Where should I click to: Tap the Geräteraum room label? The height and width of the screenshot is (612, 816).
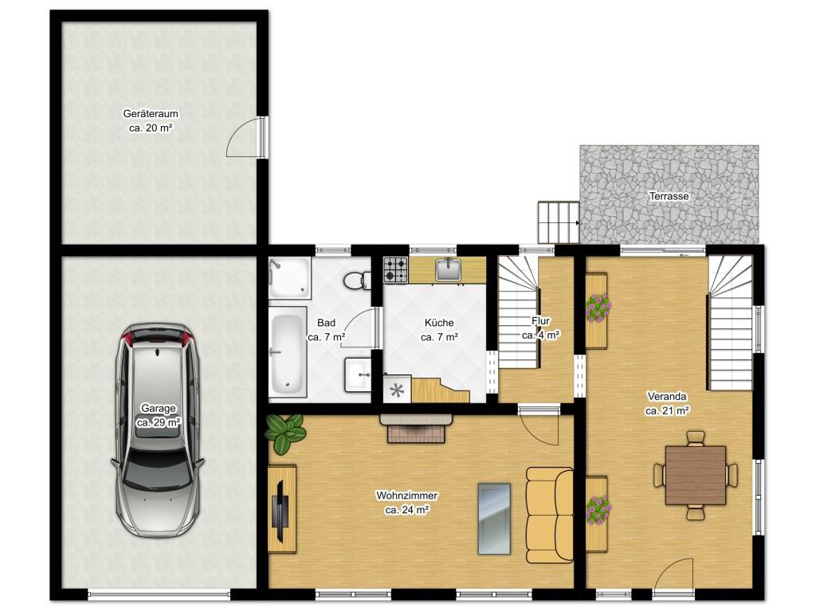[x=151, y=113]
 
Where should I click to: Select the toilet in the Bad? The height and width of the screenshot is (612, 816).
[x=357, y=280]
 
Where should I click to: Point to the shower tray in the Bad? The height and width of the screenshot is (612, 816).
[x=290, y=277]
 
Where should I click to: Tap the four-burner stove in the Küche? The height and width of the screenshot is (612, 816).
[x=395, y=269]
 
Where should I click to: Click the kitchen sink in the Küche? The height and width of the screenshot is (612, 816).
[x=448, y=269]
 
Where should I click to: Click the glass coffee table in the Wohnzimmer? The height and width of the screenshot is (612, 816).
[x=494, y=519]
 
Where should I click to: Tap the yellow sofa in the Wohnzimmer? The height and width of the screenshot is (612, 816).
[x=549, y=515]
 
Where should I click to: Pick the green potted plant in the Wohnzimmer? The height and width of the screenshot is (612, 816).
[x=284, y=433]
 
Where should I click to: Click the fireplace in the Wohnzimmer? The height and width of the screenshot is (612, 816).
[x=416, y=428]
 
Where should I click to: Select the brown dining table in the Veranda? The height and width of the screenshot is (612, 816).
[x=695, y=475]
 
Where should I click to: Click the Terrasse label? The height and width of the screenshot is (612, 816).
[x=669, y=196]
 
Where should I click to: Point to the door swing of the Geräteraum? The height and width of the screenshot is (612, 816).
[x=244, y=136]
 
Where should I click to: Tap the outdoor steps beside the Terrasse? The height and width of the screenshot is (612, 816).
[x=559, y=222]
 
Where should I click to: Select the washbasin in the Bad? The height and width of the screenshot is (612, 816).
[x=358, y=374]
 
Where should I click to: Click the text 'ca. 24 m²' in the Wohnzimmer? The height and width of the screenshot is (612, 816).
[x=406, y=511]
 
